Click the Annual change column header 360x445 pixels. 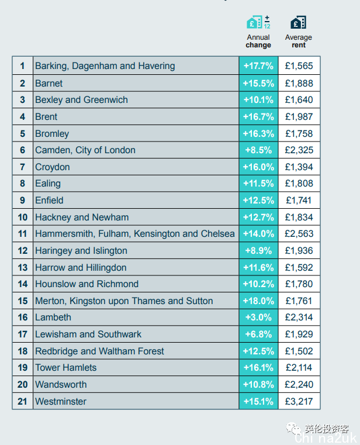tap(258, 41)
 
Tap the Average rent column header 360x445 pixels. tap(299, 41)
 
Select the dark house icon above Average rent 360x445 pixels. tap(298, 22)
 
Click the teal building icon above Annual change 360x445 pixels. tap(254, 22)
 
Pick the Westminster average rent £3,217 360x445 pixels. tap(299, 401)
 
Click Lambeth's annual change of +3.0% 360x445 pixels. tap(258, 318)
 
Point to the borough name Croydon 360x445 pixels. tap(53, 167)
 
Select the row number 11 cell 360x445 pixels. tap(23, 234)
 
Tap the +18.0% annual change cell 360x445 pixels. tap(258, 301)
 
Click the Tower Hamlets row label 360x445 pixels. tap(66, 368)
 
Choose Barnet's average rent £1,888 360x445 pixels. tap(299, 83)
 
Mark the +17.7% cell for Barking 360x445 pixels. tap(258, 66)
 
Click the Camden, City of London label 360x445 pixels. tap(85, 150)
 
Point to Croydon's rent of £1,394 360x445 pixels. tap(299, 167)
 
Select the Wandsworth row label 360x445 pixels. tap(61, 385)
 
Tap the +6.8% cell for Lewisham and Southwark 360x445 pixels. tap(258, 334)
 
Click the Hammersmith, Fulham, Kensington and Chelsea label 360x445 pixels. tap(135, 234)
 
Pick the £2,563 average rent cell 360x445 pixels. tap(299, 234)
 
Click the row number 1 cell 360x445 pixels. tap(23, 66)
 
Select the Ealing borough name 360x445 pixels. tap(48, 184)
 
